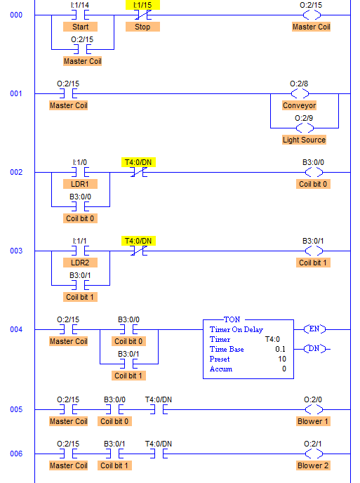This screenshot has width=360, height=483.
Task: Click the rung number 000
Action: point(16,15)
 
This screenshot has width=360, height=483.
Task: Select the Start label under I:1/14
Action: point(81,27)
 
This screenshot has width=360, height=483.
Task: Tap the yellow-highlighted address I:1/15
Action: point(142,5)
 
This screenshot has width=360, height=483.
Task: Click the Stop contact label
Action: point(142,27)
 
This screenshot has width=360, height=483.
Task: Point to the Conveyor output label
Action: point(300,105)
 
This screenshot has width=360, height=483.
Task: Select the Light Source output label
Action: point(305,140)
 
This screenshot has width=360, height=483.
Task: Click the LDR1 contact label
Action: point(80,184)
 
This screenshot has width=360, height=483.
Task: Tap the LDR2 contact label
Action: point(80,263)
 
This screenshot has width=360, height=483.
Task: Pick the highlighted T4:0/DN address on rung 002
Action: point(138,162)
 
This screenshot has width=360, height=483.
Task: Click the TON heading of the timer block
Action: point(232,319)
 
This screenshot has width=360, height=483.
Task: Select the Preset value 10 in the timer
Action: point(282,359)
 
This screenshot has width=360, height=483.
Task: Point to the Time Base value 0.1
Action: point(281,349)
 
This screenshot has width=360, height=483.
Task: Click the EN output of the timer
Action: point(314,329)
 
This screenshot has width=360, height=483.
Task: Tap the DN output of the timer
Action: point(314,349)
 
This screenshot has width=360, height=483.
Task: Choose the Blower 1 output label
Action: point(313,421)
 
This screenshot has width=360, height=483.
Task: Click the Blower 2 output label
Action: point(313,465)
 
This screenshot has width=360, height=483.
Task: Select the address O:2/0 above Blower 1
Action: point(313,399)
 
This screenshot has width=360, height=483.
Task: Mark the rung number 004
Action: point(16,329)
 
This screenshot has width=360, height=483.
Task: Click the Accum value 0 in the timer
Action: point(284,369)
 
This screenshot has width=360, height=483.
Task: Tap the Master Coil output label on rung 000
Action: point(312,27)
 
